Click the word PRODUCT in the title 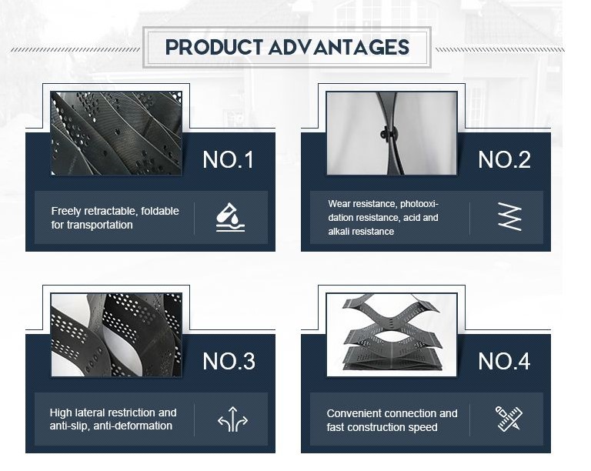coord(214,47)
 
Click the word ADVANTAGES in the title coord(339,47)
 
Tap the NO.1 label coord(228,160)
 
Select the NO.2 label coord(504,160)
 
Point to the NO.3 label coord(229,361)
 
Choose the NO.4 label coord(504,361)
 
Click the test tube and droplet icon coord(230,217)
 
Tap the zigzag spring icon coord(509,216)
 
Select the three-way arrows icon coord(232,419)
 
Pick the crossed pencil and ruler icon coord(509,418)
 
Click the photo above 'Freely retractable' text coord(116,133)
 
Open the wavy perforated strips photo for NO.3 coord(116,335)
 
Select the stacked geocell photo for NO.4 coord(392,335)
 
